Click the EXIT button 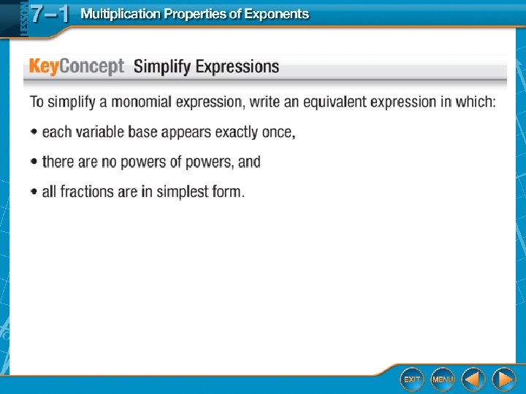(412, 379)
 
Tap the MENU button (443, 379)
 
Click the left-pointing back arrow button (473, 379)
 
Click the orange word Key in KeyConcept (44, 66)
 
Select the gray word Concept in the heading (91, 66)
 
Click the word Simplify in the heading (161, 66)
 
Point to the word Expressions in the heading (237, 66)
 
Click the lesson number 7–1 (50, 14)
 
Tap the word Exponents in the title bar (276, 14)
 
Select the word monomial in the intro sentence (142, 102)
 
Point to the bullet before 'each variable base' (34, 131)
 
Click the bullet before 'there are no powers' (34, 161)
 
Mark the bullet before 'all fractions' (34, 192)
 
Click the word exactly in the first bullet (236, 132)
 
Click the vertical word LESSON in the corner (24, 19)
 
